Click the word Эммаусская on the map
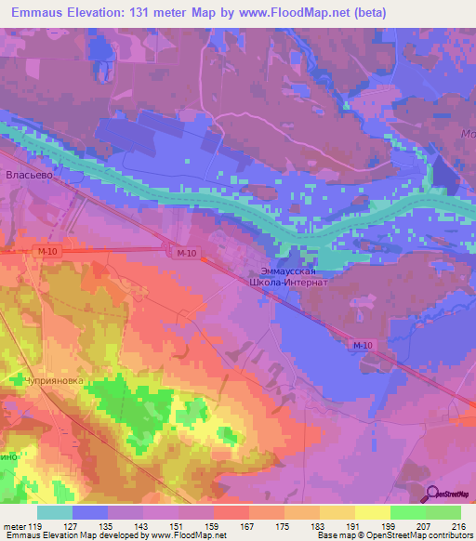pos(290,272)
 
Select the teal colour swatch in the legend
pos(55,512)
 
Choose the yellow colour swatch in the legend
pos(372,512)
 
